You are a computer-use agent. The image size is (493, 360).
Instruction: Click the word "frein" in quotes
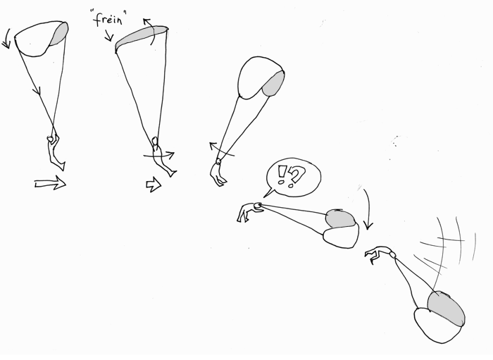point(108,18)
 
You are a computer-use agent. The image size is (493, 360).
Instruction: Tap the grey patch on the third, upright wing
point(273,82)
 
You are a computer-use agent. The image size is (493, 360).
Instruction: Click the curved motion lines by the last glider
point(440,243)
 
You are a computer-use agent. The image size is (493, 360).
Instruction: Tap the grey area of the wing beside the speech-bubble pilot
point(341,219)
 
